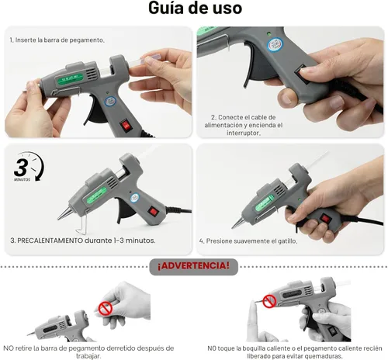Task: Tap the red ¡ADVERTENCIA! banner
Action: tap(193, 266)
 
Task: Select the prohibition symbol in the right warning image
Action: tap(268, 300)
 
